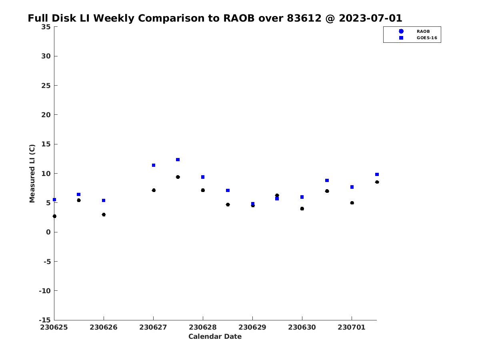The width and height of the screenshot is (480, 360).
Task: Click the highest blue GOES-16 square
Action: coord(178,160)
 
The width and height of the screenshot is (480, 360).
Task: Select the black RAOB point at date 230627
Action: coord(154,190)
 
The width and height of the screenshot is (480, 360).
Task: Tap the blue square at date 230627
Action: coord(154,165)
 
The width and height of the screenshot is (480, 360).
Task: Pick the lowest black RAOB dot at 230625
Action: coord(54,216)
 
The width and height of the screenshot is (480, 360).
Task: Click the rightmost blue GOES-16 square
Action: coord(377,174)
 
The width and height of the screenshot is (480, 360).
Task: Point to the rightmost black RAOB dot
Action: coord(377,182)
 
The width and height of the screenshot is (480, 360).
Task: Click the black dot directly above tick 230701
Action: coord(352,203)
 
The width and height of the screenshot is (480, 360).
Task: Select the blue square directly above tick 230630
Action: coord(302,197)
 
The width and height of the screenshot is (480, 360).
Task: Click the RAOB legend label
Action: coord(423,32)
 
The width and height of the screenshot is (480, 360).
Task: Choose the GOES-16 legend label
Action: coord(427,38)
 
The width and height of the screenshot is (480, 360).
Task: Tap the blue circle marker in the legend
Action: coord(401,31)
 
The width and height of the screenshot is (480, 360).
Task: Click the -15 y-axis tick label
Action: coord(45,320)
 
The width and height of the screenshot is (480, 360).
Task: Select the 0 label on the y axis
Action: coord(48,232)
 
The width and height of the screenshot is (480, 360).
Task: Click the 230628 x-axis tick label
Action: coord(203,327)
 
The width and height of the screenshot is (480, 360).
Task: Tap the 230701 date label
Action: coord(352,327)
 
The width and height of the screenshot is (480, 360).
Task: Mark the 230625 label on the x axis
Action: coord(54,327)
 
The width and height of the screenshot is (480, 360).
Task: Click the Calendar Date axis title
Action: coord(215,336)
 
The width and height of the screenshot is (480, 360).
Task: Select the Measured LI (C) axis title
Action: coord(32,173)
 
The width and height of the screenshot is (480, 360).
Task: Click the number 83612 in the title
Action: coord(304,18)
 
